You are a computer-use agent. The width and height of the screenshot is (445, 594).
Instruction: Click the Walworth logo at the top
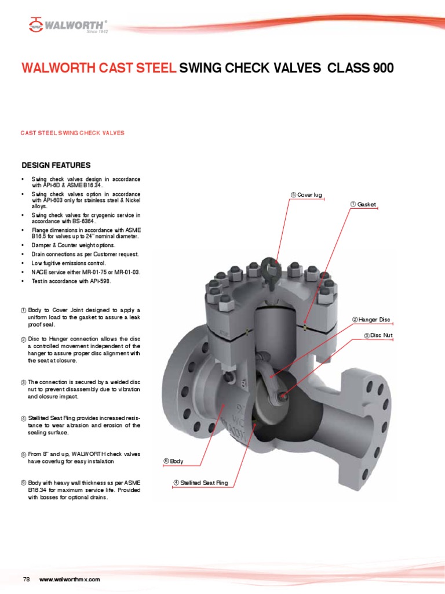[x=68, y=25]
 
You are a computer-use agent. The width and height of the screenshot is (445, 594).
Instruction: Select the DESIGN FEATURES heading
[x=56, y=165]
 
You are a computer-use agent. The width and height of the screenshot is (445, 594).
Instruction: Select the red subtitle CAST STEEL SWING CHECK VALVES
[x=72, y=133]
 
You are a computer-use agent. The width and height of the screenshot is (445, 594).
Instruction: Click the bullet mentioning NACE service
[x=86, y=272]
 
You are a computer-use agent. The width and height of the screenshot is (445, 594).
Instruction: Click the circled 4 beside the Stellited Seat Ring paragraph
[x=24, y=418]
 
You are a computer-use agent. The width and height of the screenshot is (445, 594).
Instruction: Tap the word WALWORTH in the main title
[x=59, y=68]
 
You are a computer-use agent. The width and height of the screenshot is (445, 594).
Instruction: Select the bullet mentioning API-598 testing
[x=71, y=281]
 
